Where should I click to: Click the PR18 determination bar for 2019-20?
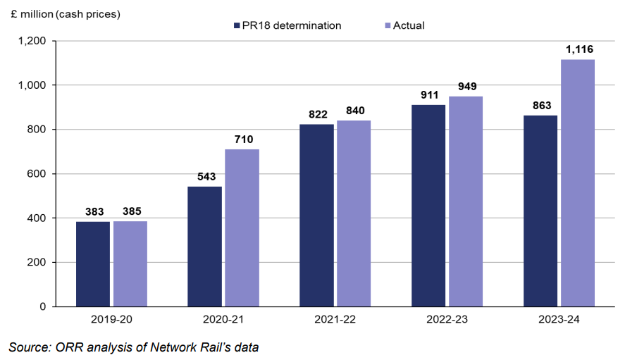tap(93, 264)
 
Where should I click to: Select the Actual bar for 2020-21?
tap(242, 228)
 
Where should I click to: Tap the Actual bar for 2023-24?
tap(578, 183)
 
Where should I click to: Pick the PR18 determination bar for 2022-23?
tap(428, 206)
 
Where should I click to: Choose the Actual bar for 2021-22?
tap(354, 213)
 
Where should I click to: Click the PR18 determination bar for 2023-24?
tap(540, 211)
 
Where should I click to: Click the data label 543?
tap(204, 177)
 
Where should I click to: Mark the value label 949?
tap(466, 87)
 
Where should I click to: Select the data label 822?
tap(316, 115)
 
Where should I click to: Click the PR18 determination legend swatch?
tap(237, 26)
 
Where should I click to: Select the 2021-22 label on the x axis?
tap(335, 319)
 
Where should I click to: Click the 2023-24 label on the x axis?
tap(559, 319)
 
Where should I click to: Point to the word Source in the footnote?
tap(27, 347)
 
